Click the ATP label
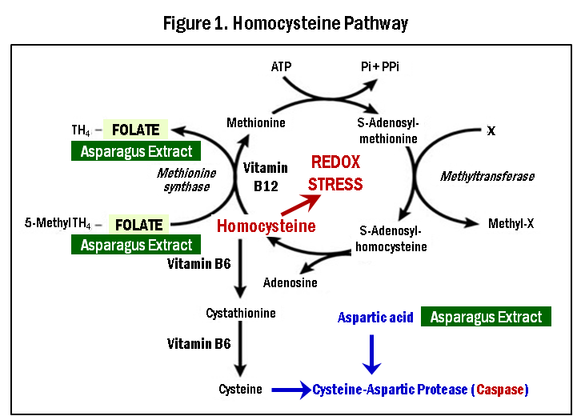tap(282, 66)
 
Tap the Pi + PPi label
tap(380, 66)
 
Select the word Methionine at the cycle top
tap(255, 122)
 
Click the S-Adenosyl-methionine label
tap(388, 130)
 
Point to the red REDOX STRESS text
tap(336, 174)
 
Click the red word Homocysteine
tap(266, 226)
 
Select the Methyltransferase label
tap(487, 176)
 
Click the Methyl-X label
tap(511, 223)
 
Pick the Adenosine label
tap(290, 282)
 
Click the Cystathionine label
tap(241, 313)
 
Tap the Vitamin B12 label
tap(265, 176)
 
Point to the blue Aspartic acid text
tap(375, 318)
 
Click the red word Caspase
tap(501, 390)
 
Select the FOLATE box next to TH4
tap(136, 130)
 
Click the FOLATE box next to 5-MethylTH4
tap(138, 225)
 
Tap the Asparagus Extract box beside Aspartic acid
tap(486, 318)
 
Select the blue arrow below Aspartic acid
tap(371, 353)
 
